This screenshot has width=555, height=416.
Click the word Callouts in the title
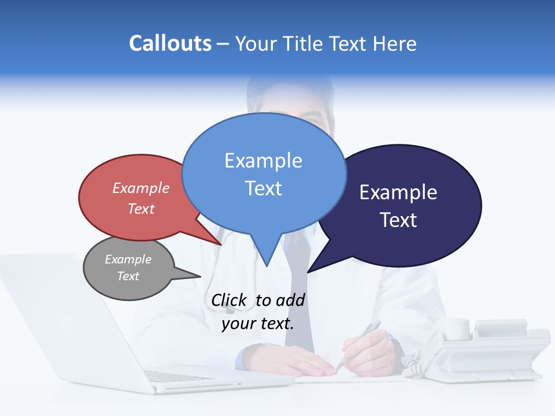[x=170, y=44]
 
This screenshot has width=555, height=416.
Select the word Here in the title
[x=392, y=44]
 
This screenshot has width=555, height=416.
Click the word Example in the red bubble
[x=141, y=188]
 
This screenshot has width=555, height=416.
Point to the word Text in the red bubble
[x=141, y=209]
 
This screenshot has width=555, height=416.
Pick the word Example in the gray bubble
[x=128, y=259]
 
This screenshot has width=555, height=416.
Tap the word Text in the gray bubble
[x=128, y=276]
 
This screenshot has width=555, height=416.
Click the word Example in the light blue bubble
[x=263, y=161]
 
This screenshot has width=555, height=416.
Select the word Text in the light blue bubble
[x=263, y=188]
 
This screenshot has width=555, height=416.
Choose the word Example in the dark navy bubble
[x=398, y=192]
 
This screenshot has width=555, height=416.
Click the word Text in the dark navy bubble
[x=398, y=220]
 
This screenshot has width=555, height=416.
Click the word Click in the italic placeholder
[x=229, y=300]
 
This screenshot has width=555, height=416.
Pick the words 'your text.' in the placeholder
[x=258, y=324]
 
